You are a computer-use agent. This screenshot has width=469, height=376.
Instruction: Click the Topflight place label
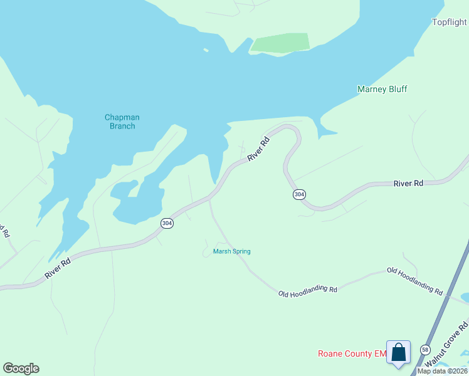[450, 23]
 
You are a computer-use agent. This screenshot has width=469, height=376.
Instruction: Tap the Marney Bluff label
[382, 89]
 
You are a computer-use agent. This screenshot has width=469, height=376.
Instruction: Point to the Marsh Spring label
[231, 251]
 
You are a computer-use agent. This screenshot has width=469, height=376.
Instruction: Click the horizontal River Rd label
[408, 183]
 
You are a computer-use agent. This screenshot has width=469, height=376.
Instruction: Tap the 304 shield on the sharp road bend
[299, 194]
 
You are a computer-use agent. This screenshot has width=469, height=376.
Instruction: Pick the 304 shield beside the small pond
[167, 223]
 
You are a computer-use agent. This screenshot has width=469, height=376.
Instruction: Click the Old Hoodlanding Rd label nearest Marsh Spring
[308, 290]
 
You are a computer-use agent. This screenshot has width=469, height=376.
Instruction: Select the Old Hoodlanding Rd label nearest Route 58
[414, 280]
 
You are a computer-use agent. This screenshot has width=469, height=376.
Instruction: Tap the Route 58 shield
[426, 350]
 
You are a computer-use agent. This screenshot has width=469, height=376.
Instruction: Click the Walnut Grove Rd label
[446, 345]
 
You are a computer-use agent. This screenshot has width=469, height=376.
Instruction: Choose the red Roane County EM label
[350, 354]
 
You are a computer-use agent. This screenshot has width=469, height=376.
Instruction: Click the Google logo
[21, 368]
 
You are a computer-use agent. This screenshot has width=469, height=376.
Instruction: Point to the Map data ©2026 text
[442, 371]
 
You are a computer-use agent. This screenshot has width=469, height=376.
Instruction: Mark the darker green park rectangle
[280, 43]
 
